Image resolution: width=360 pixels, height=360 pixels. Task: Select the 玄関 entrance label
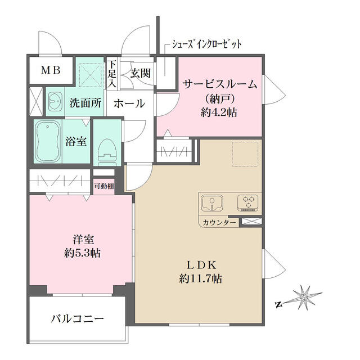point(140,72)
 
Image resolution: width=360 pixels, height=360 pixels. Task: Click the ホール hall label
point(129,103)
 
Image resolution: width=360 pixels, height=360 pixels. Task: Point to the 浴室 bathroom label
point(76,141)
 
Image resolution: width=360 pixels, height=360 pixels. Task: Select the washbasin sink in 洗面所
point(55,102)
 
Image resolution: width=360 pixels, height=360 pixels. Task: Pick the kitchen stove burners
point(248,202)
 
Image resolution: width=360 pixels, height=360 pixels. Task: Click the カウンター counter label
point(220,223)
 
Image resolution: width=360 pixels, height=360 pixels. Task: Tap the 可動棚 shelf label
point(104,186)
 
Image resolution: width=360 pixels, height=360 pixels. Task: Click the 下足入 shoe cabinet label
point(112,74)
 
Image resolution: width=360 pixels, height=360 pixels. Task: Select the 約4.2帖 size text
point(220,112)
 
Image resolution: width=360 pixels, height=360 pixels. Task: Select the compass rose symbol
point(304,296)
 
